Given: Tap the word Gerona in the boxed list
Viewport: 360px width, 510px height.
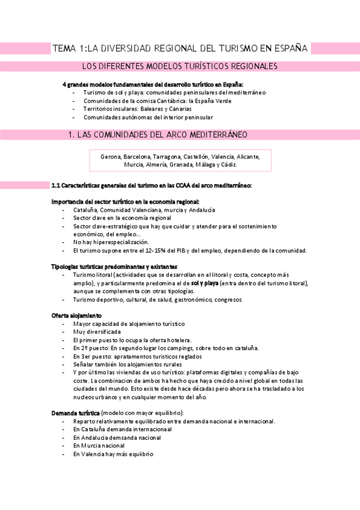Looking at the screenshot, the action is (x=111, y=156).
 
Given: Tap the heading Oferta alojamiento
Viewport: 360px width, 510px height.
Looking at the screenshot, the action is (x=76, y=315).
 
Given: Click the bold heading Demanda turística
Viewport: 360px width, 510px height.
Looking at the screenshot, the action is (x=76, y=413).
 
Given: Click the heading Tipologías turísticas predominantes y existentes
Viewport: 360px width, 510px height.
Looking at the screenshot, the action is (x=114, y=266).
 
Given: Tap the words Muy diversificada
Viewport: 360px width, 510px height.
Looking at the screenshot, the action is (x=97, y=331).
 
